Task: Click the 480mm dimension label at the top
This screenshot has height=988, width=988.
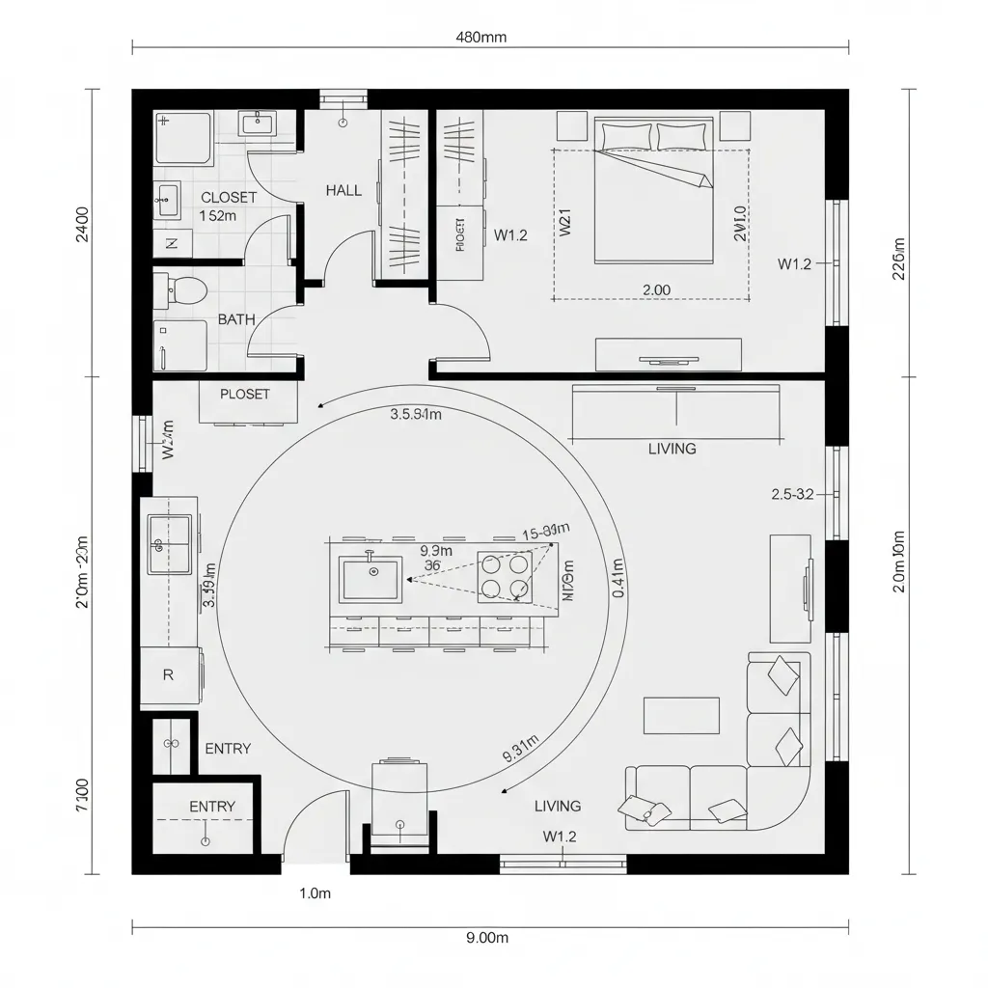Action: tap(480, 38)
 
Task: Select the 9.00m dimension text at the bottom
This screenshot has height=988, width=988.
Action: tap(486, 937)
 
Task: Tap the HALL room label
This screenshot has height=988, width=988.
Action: tap(343, 191)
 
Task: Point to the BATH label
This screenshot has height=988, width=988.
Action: tap(236, 319)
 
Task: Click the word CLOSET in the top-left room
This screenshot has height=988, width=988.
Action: tap(229, 198)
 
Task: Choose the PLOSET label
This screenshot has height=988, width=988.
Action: tap(245, 395)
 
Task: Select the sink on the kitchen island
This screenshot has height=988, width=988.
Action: tap(371, 578)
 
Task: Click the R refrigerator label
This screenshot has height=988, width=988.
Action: tap(168, 675)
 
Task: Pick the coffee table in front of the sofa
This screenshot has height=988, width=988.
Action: tap(681, 715)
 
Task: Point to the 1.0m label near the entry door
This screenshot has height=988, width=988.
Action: tap(316, 893)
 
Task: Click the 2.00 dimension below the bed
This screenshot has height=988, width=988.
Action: tap(656, 289)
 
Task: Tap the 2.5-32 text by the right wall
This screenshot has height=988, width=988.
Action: tap(793, 494)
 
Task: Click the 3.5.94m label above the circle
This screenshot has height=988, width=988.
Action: tap(416, 416)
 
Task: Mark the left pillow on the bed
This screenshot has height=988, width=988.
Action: tap(624, 137)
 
